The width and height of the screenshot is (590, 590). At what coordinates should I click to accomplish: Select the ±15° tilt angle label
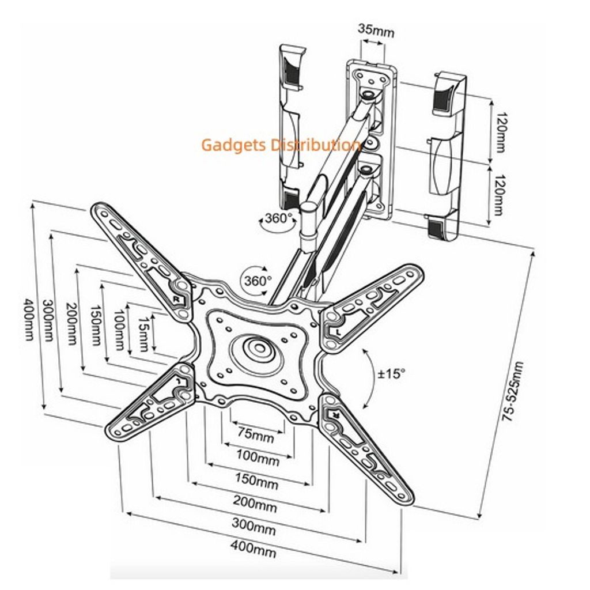click(x=392, y=373)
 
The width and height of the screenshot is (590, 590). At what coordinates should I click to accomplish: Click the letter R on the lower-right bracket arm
click(x=332, y=414)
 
